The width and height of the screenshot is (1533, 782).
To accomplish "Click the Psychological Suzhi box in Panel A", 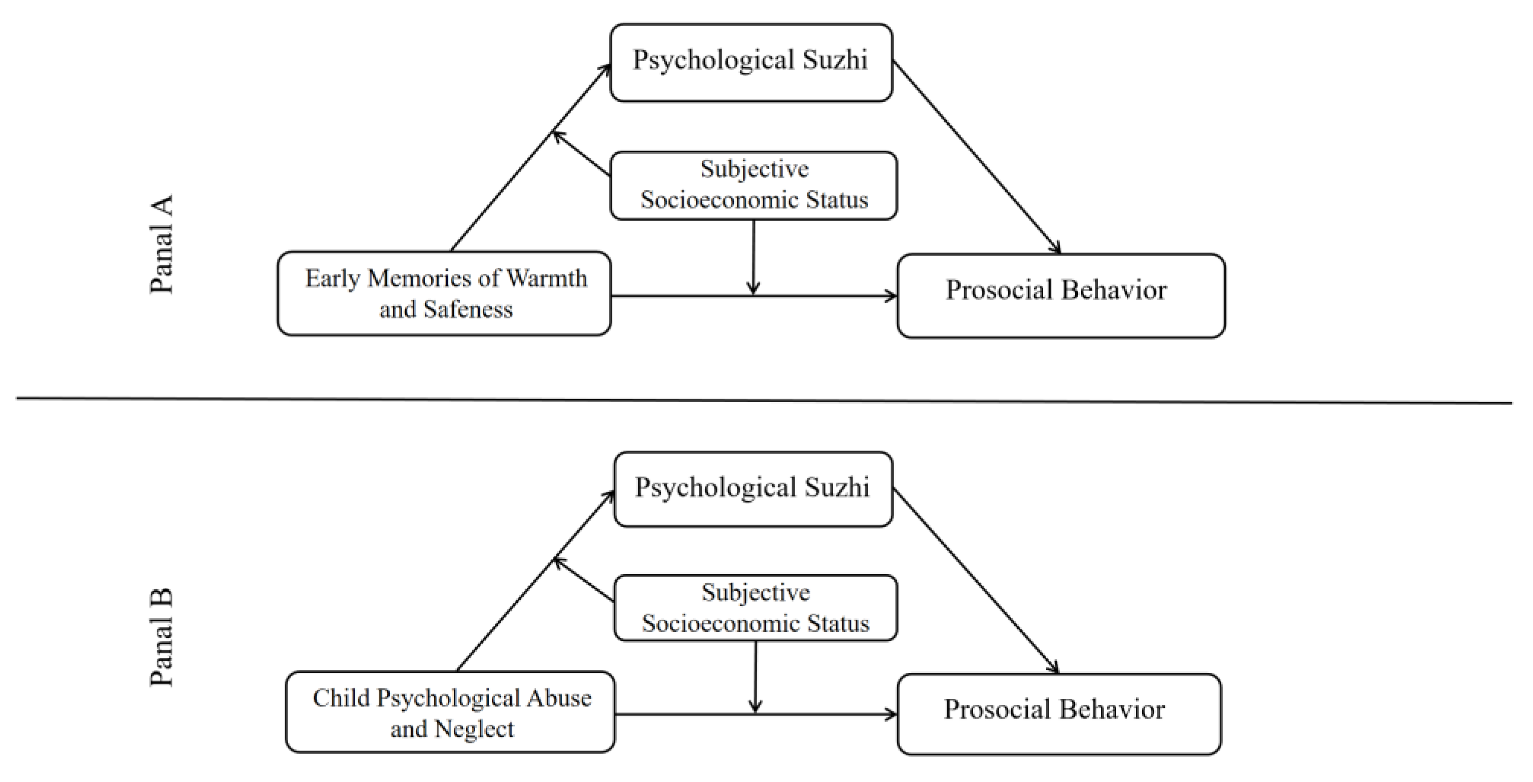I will click(751, 62).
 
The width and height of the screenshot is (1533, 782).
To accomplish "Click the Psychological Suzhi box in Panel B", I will click(753, 489).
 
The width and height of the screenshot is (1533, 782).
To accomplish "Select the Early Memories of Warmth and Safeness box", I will click(444, 294).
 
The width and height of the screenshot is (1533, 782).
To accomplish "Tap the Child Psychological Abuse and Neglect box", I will click(450, 712).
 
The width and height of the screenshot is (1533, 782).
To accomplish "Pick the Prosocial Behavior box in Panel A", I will click(1060, 296).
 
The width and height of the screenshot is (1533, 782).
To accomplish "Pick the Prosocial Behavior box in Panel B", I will click(1059, 714).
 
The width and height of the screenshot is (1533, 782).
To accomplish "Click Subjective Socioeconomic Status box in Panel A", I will click(754, 186).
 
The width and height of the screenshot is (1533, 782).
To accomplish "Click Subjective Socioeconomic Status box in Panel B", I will click(755, 608).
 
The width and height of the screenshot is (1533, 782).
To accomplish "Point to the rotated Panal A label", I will click(161, 244).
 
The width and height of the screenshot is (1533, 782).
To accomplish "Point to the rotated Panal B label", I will click(161, 637).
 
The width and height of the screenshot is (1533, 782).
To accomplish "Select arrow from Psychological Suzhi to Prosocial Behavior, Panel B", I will click(976, 581).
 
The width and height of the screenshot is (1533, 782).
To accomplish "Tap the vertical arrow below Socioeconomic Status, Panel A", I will click(754, 256).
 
